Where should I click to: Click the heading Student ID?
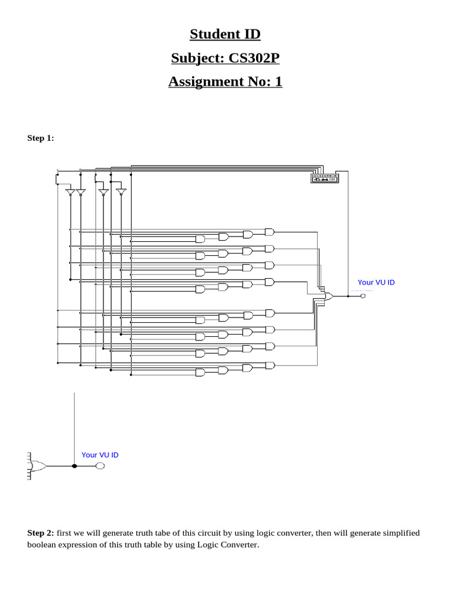(x=225, y=35)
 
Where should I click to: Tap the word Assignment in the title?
(x=204, y=82)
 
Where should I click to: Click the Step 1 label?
(x=41, y=138)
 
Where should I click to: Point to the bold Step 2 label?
(x=41, y=533)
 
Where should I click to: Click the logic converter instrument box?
(x=325, y=178)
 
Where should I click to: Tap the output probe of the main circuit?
(x=363, y=296)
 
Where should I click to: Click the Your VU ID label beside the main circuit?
(x=376, y=282)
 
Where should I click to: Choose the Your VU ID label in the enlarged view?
(x=100, y=455)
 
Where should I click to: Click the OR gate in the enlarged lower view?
(x=39, y=466)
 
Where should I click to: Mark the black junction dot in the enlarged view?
(x=74, y=466)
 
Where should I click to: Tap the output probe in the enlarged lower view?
(x=100, y=466)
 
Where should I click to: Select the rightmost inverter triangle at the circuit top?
(x=121, y=192)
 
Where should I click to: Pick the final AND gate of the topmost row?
(x=269, y=231)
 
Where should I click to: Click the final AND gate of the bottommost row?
(x=269, y=365)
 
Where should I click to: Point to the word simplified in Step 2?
(x=402, y=533)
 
